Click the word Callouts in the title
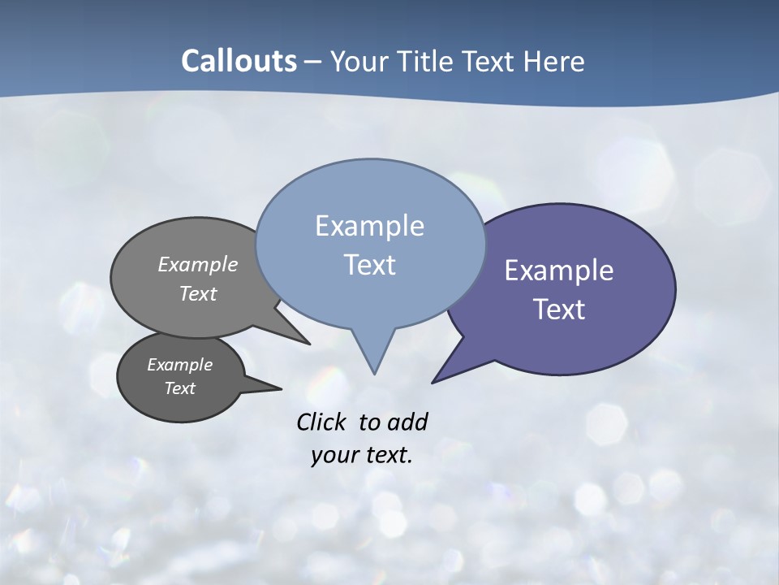point(239,61)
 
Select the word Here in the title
point(554,61)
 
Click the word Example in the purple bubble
point(559,271)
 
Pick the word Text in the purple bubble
point(559,310)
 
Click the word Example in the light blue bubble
point(369,226)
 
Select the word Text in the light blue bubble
point(369,265)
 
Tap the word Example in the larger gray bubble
point(198,264)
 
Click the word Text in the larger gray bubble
point(198,293)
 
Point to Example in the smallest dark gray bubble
point(179,365)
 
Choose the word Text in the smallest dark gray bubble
point(179,388)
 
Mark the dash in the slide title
point(314,61)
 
